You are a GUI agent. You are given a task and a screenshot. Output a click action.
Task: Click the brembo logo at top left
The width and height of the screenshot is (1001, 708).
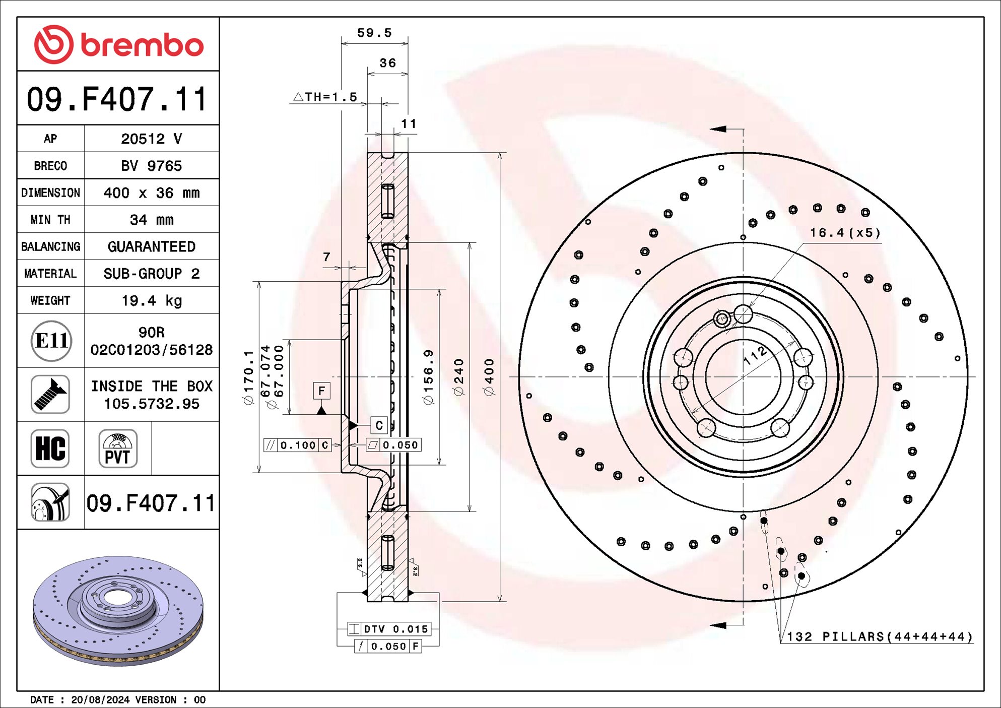point(118,44)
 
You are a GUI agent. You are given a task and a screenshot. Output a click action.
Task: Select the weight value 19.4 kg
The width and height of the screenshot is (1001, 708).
point(152,301)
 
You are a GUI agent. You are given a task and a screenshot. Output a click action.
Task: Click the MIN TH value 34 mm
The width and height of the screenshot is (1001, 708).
point(152,220)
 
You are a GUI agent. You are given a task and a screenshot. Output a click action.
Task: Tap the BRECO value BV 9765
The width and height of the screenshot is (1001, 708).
point(152,166)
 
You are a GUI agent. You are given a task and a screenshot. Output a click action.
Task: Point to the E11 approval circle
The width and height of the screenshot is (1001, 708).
point(51,341)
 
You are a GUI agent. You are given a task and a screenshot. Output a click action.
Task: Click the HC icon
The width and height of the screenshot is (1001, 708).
point(50,448)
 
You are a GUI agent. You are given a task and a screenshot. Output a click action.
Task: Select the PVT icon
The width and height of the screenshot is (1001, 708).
point(118,448)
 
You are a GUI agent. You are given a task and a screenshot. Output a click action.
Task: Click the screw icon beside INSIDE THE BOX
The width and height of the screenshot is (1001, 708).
point(50,395)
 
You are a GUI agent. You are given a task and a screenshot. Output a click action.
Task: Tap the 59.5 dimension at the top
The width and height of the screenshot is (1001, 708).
point(374,33)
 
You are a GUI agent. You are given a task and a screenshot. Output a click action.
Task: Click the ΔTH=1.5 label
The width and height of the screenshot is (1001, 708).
point(325,97)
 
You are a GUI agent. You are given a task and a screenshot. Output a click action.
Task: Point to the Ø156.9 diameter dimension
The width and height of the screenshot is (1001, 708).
point(428,376)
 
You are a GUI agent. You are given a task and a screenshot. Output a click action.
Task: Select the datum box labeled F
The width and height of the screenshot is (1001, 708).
point(321,391)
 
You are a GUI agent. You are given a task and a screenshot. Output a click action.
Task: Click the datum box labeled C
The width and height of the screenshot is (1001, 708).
point(379,425)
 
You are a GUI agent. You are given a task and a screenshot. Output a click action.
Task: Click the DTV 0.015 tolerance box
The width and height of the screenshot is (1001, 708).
point(389,629)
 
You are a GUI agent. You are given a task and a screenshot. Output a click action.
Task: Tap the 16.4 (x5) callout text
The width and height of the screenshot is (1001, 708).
point(845,233)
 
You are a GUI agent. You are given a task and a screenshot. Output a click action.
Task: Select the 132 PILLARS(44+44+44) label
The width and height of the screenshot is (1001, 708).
point(879,636)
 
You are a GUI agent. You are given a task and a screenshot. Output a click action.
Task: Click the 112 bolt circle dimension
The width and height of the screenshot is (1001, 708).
point(755,356)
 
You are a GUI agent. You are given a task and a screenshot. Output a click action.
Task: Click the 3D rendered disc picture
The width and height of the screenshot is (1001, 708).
point(118,611)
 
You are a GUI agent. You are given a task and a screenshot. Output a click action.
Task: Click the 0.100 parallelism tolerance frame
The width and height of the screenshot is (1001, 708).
point(297,445)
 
